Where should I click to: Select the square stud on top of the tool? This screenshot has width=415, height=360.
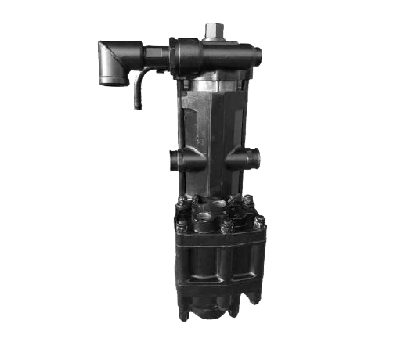(x=213, y=31)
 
